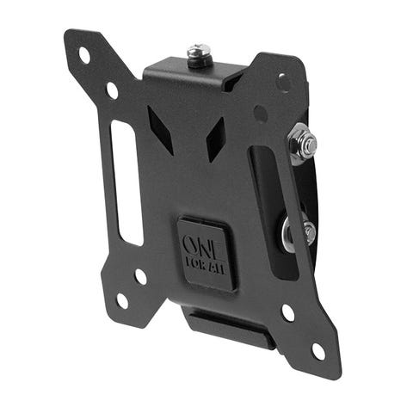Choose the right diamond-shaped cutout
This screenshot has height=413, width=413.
pos(215,139)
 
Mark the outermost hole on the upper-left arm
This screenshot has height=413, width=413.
pos(84,55)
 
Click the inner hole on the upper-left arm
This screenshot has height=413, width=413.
pos(112,90)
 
